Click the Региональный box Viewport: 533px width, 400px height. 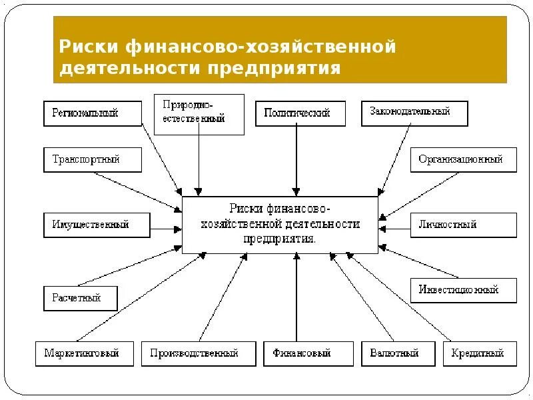(93, 113)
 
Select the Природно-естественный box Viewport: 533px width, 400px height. (199, 114)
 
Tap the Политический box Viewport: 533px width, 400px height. (300, 113)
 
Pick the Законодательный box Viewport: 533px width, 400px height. (414, 113)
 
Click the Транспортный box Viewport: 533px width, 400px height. (93, 160)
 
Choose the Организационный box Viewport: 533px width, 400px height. (463, 160)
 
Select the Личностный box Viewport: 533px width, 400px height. (463, 225)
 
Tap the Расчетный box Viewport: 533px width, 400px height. (81, 298)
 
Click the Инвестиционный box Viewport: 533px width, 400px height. (463, 290)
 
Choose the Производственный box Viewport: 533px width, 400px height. (198, 353)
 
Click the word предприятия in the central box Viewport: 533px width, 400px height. (280, 238)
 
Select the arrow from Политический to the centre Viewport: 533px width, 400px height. (297, 160)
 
